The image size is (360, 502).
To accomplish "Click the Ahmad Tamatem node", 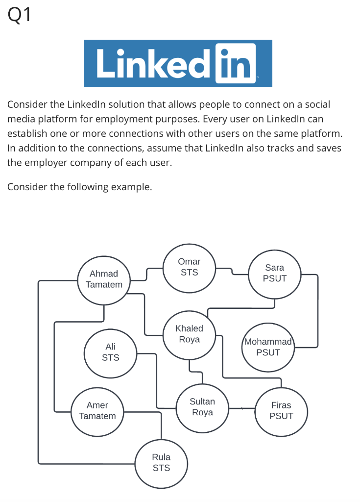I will tap(104, 279).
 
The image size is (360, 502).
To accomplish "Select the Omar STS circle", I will tap(189, 267).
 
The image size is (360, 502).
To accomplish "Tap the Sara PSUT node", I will tap(274, 273).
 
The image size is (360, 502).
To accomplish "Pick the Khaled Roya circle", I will tap(189, 334).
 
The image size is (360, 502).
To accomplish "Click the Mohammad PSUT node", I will tap(268, 347).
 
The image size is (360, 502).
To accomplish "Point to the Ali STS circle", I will tap(110, 352).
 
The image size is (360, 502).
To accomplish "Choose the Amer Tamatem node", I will tap(97, 411).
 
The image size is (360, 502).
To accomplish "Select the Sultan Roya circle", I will tap(202, 407).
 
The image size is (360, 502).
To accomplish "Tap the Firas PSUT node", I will tap(281, 411).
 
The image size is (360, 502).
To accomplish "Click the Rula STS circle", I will tap(161, 463).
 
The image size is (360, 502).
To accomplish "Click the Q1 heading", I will tap(20, 15).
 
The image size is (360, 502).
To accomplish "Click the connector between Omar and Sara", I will tap(233, 272).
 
